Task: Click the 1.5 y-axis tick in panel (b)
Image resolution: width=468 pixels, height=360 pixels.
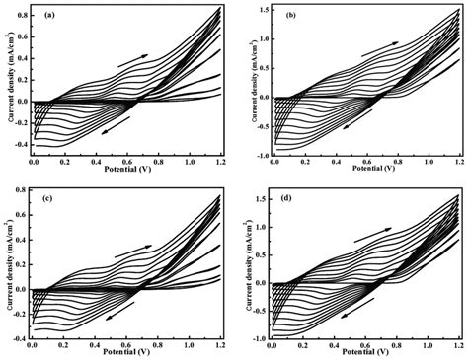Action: click(x=261, y=11)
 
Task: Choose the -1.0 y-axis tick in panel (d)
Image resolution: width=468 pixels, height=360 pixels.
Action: click(x=259, y=337)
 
